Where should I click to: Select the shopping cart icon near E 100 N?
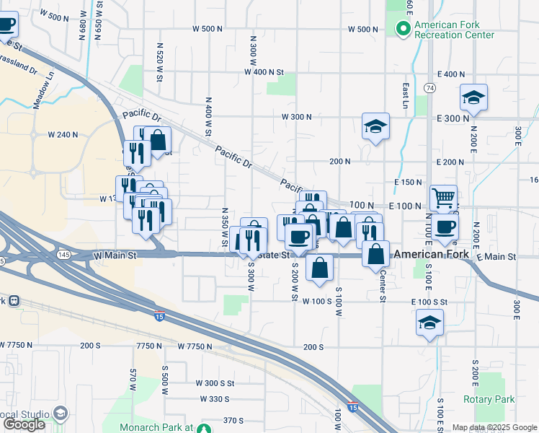443,196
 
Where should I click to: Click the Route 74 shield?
429,87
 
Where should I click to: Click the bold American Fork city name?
432,255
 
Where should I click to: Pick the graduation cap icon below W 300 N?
375,126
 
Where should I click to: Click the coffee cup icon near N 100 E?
445,227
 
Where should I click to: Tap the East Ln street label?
406,91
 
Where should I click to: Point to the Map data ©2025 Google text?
494,427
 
